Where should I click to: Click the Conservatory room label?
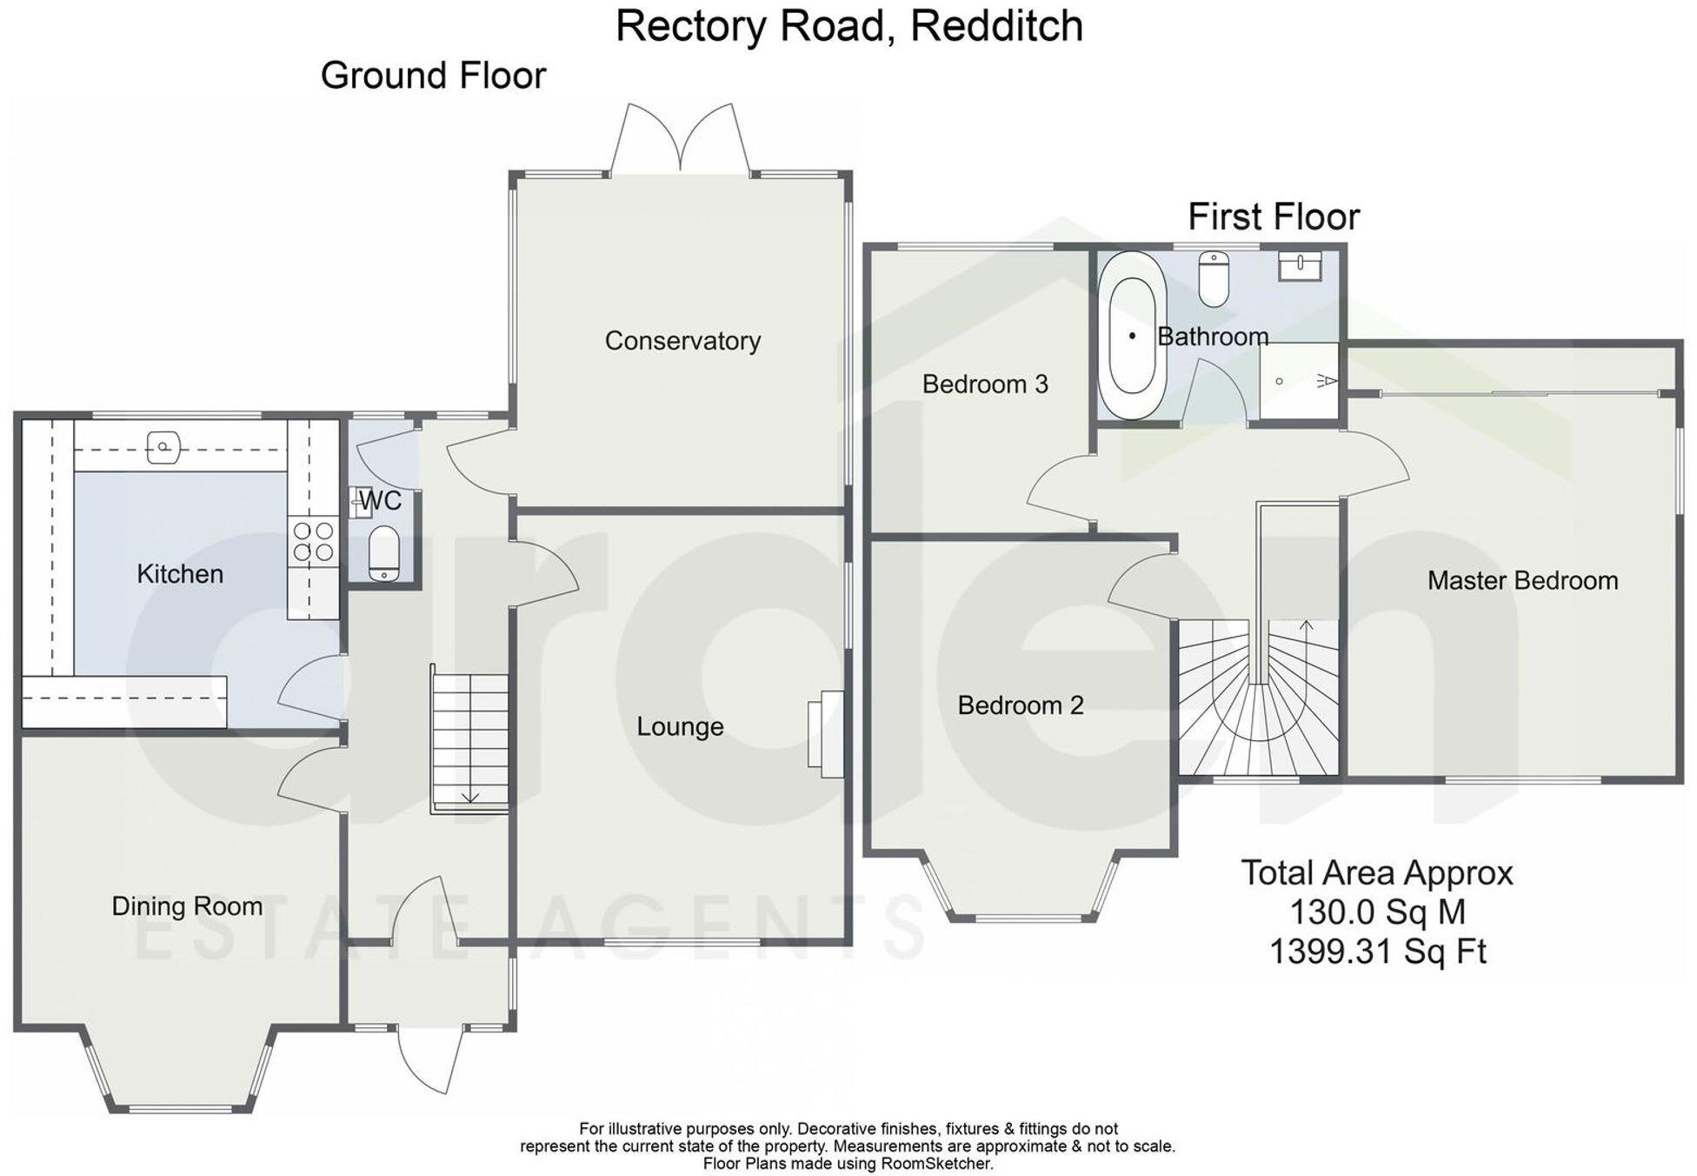[x=682, y=340]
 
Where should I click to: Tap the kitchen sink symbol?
[x=163, y=448]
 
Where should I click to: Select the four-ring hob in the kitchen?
[x=314, y=540]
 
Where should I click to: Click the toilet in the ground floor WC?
[x=383, y=552]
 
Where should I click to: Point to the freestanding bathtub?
[x=1132, y=336]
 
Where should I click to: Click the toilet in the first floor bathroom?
[x=1213, y=277]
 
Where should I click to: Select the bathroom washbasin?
[x=1300, y=265]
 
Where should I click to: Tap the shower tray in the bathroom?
[x=1298, y=381]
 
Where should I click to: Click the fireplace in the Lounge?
[x=826, y=733]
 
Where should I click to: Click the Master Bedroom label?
[x=1522, y=580]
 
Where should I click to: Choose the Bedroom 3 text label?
[x=984, y=384]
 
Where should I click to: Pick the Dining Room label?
[x=187, y=906]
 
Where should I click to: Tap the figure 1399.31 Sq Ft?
[x=1378, y=951]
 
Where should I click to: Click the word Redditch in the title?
[x=996, y=26]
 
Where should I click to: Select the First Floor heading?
[x=1274, y=217]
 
